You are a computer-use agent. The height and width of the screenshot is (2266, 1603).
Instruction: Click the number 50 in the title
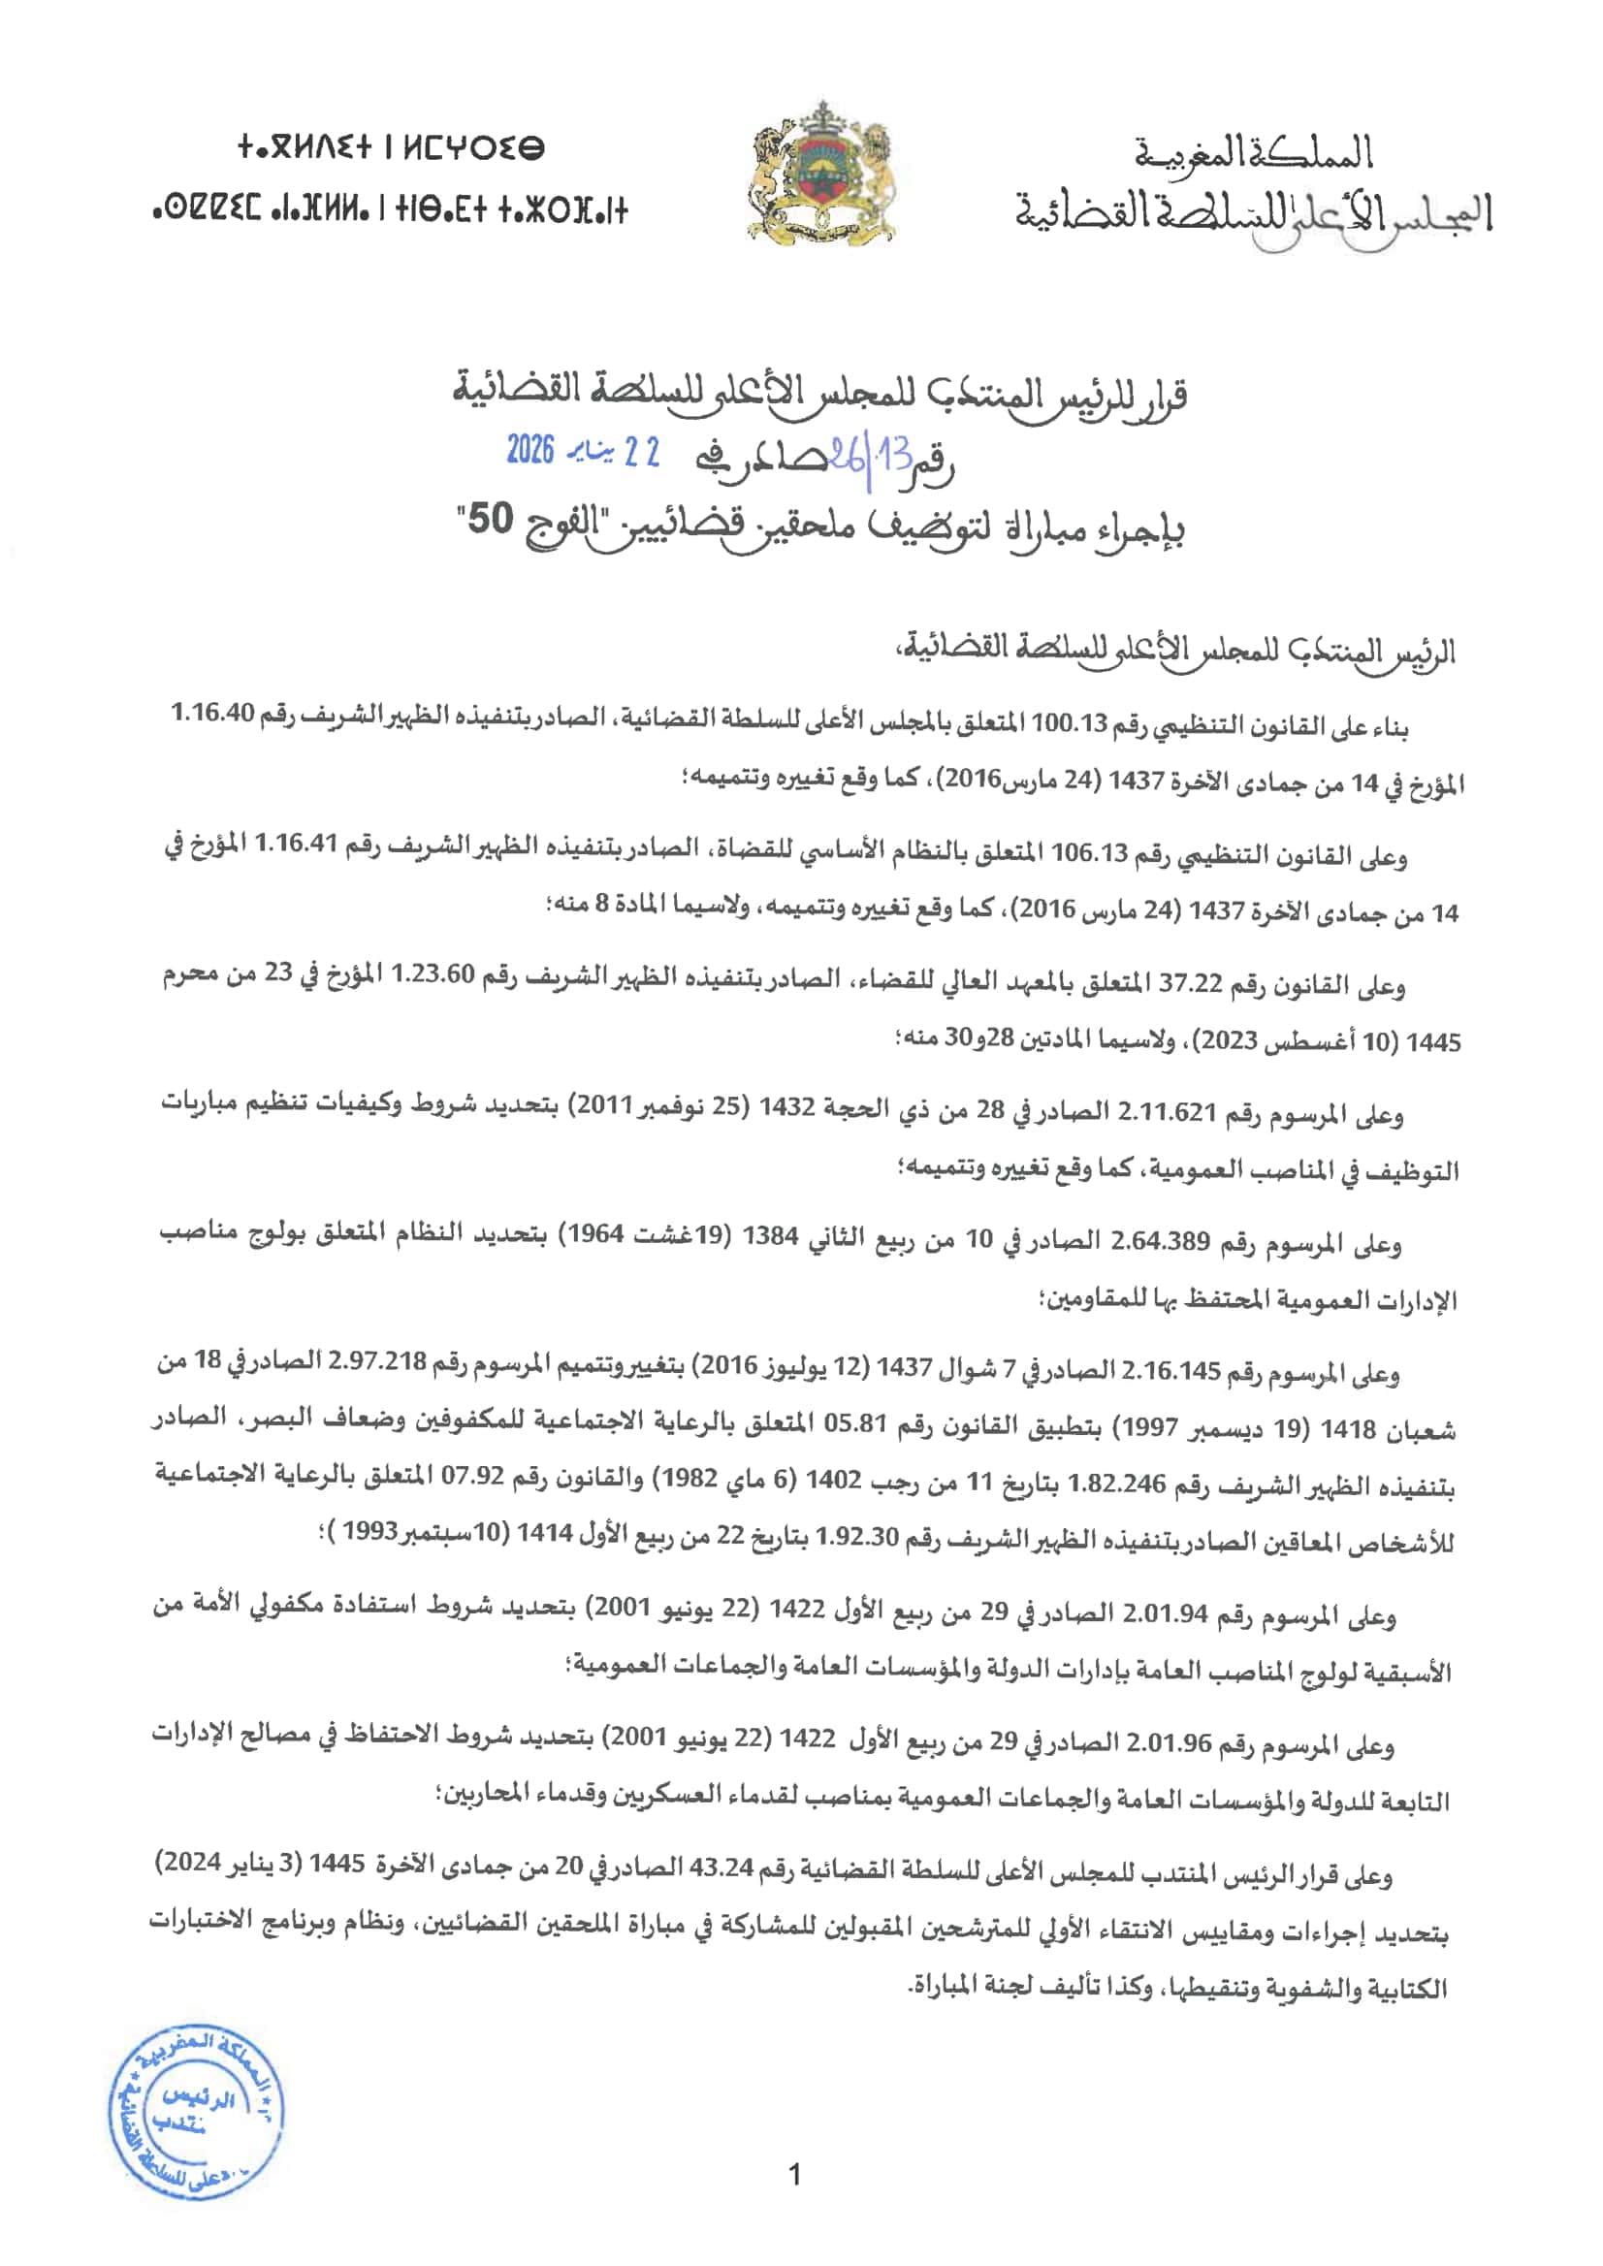(491, 520)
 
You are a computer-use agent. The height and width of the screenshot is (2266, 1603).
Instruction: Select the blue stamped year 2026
(531, 451)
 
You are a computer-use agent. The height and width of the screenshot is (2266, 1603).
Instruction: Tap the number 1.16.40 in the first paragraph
(214, 713)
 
